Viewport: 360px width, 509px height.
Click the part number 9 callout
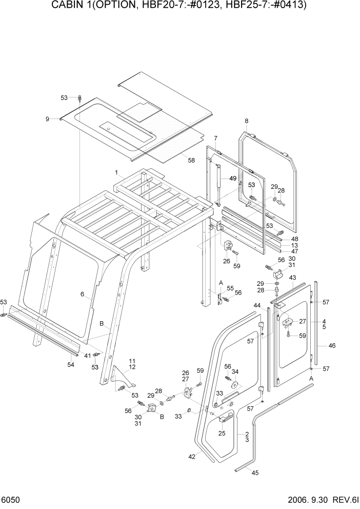47,119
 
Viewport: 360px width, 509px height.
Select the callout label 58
191,161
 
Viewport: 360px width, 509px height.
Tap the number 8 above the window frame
246,121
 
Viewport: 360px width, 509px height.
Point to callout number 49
233,179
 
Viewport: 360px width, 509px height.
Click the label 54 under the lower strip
71,364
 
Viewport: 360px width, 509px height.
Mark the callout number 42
192,456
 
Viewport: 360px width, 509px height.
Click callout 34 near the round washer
235,372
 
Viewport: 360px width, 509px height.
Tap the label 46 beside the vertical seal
332,346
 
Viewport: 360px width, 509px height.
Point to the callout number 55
230,288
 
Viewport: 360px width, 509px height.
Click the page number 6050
11,499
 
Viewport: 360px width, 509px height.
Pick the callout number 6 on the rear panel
82,294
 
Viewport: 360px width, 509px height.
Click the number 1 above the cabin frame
116,172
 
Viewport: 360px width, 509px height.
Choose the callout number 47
294,251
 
